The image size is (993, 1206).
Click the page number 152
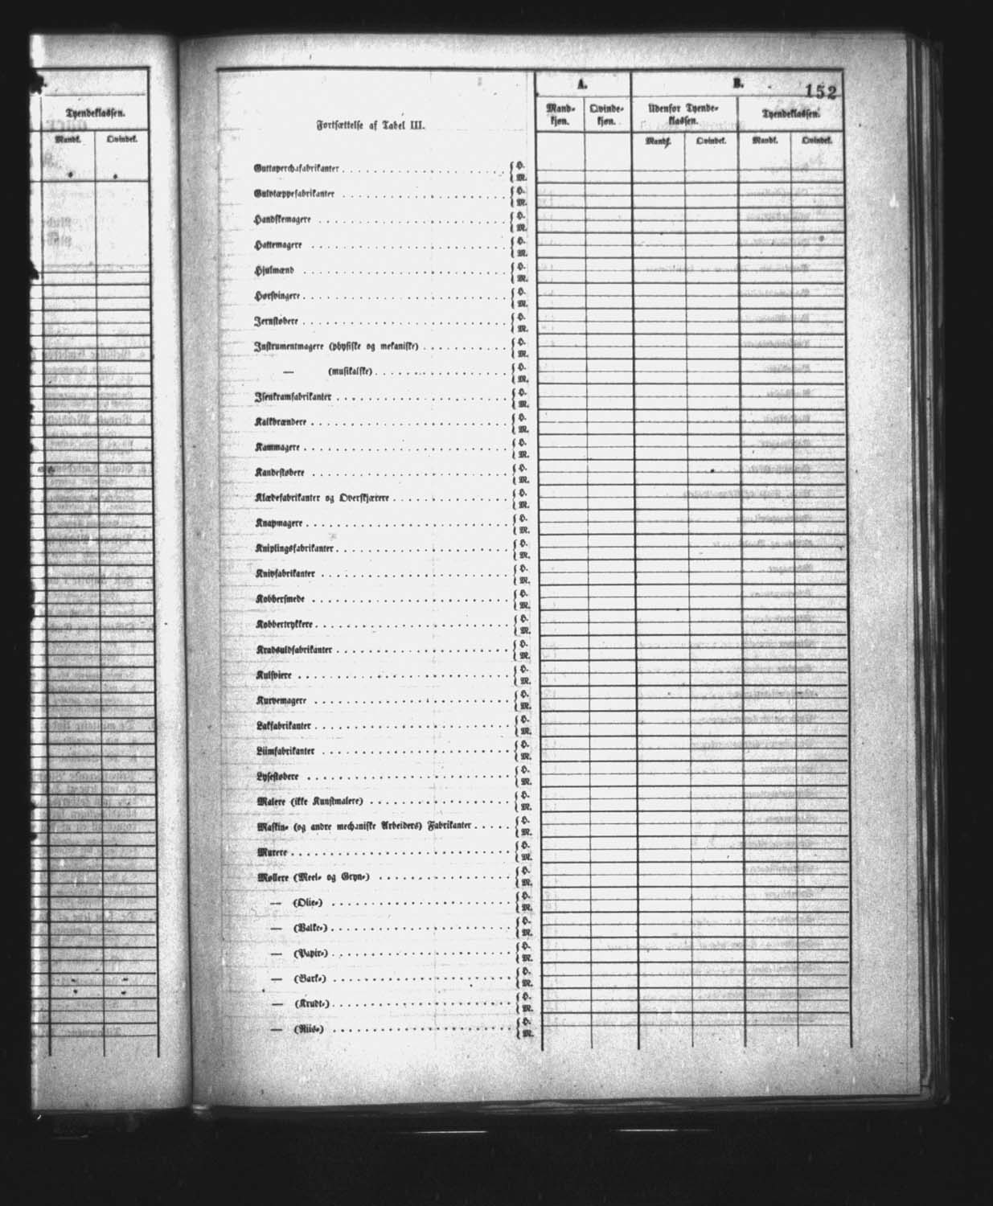819,92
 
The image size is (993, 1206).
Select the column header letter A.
582,83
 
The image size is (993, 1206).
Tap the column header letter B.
737,82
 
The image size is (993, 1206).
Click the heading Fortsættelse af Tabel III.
370,125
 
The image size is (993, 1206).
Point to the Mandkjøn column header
560,113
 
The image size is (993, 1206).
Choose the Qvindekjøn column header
607,113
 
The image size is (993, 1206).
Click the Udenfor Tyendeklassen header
684,113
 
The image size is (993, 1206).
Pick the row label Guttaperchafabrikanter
295,170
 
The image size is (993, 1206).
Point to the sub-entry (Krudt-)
313,1004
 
